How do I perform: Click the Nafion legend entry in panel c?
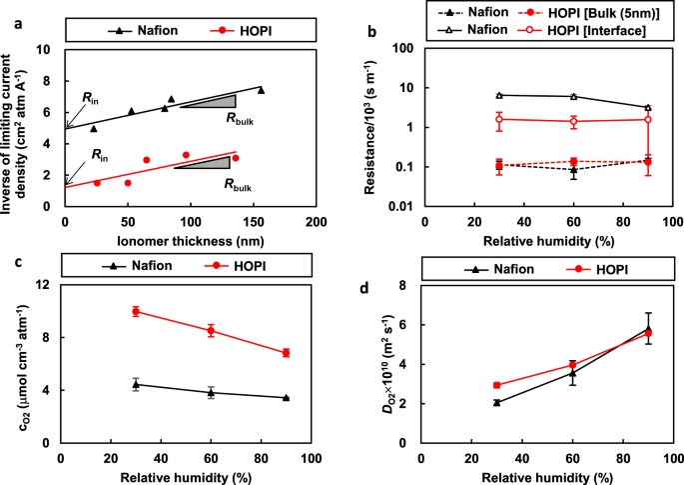(125, 265)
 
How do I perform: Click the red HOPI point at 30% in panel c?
(136, 311)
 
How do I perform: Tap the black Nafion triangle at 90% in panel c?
(286, 398)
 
